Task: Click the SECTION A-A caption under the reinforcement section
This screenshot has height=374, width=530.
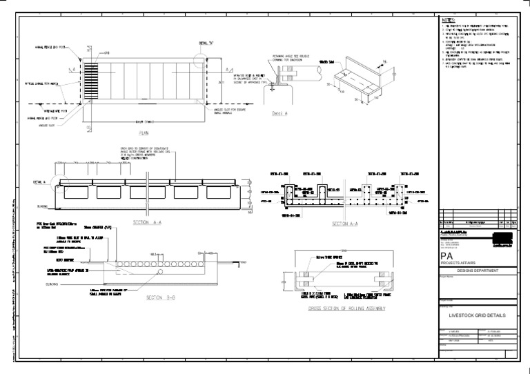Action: coord(343,224)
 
